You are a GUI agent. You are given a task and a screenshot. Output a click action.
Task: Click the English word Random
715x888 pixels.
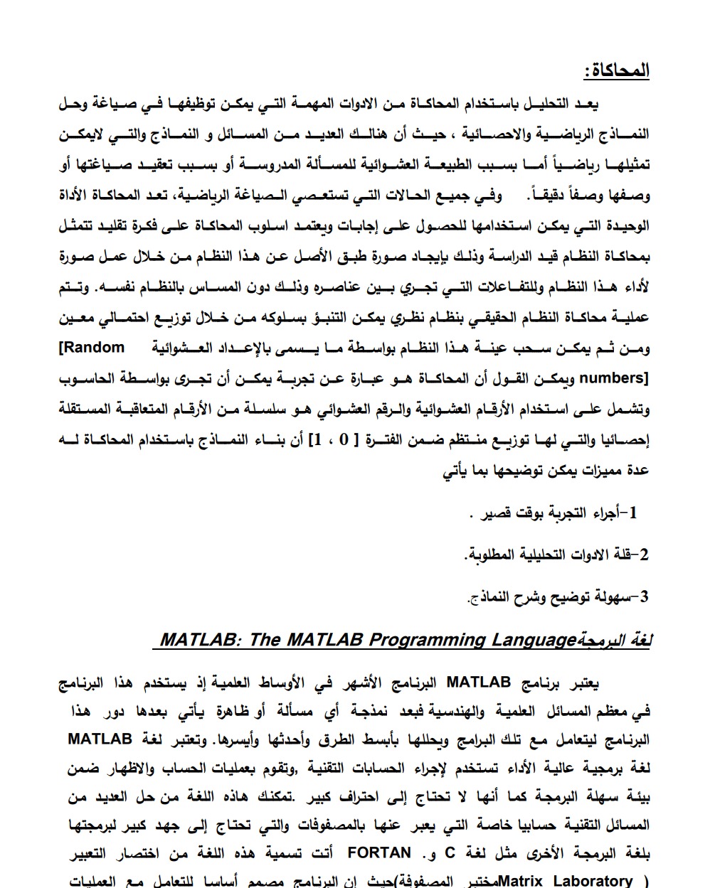[90, 348]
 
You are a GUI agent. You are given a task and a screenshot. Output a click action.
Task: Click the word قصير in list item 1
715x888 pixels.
[496, 513]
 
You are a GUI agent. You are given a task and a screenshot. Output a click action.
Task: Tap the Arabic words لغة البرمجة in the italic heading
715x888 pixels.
[614, 640]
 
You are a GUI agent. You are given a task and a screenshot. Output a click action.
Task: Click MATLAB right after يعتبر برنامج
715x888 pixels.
[479, 683]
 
